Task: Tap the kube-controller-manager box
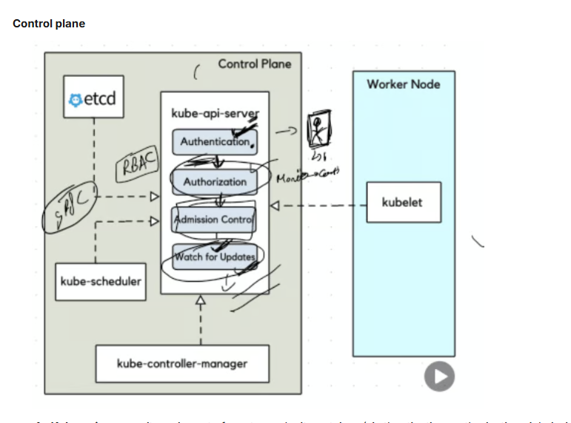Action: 182,363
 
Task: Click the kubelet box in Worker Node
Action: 404,202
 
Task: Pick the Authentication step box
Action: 215,141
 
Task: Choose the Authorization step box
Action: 215,181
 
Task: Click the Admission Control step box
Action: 214,219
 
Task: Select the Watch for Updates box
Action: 215,257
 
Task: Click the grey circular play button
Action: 439,376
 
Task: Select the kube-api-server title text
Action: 215,113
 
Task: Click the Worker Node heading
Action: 403,84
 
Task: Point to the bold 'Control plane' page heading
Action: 49,24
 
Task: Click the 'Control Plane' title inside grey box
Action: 254,64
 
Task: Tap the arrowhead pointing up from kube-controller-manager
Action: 199,300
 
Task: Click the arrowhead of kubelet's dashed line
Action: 276,205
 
